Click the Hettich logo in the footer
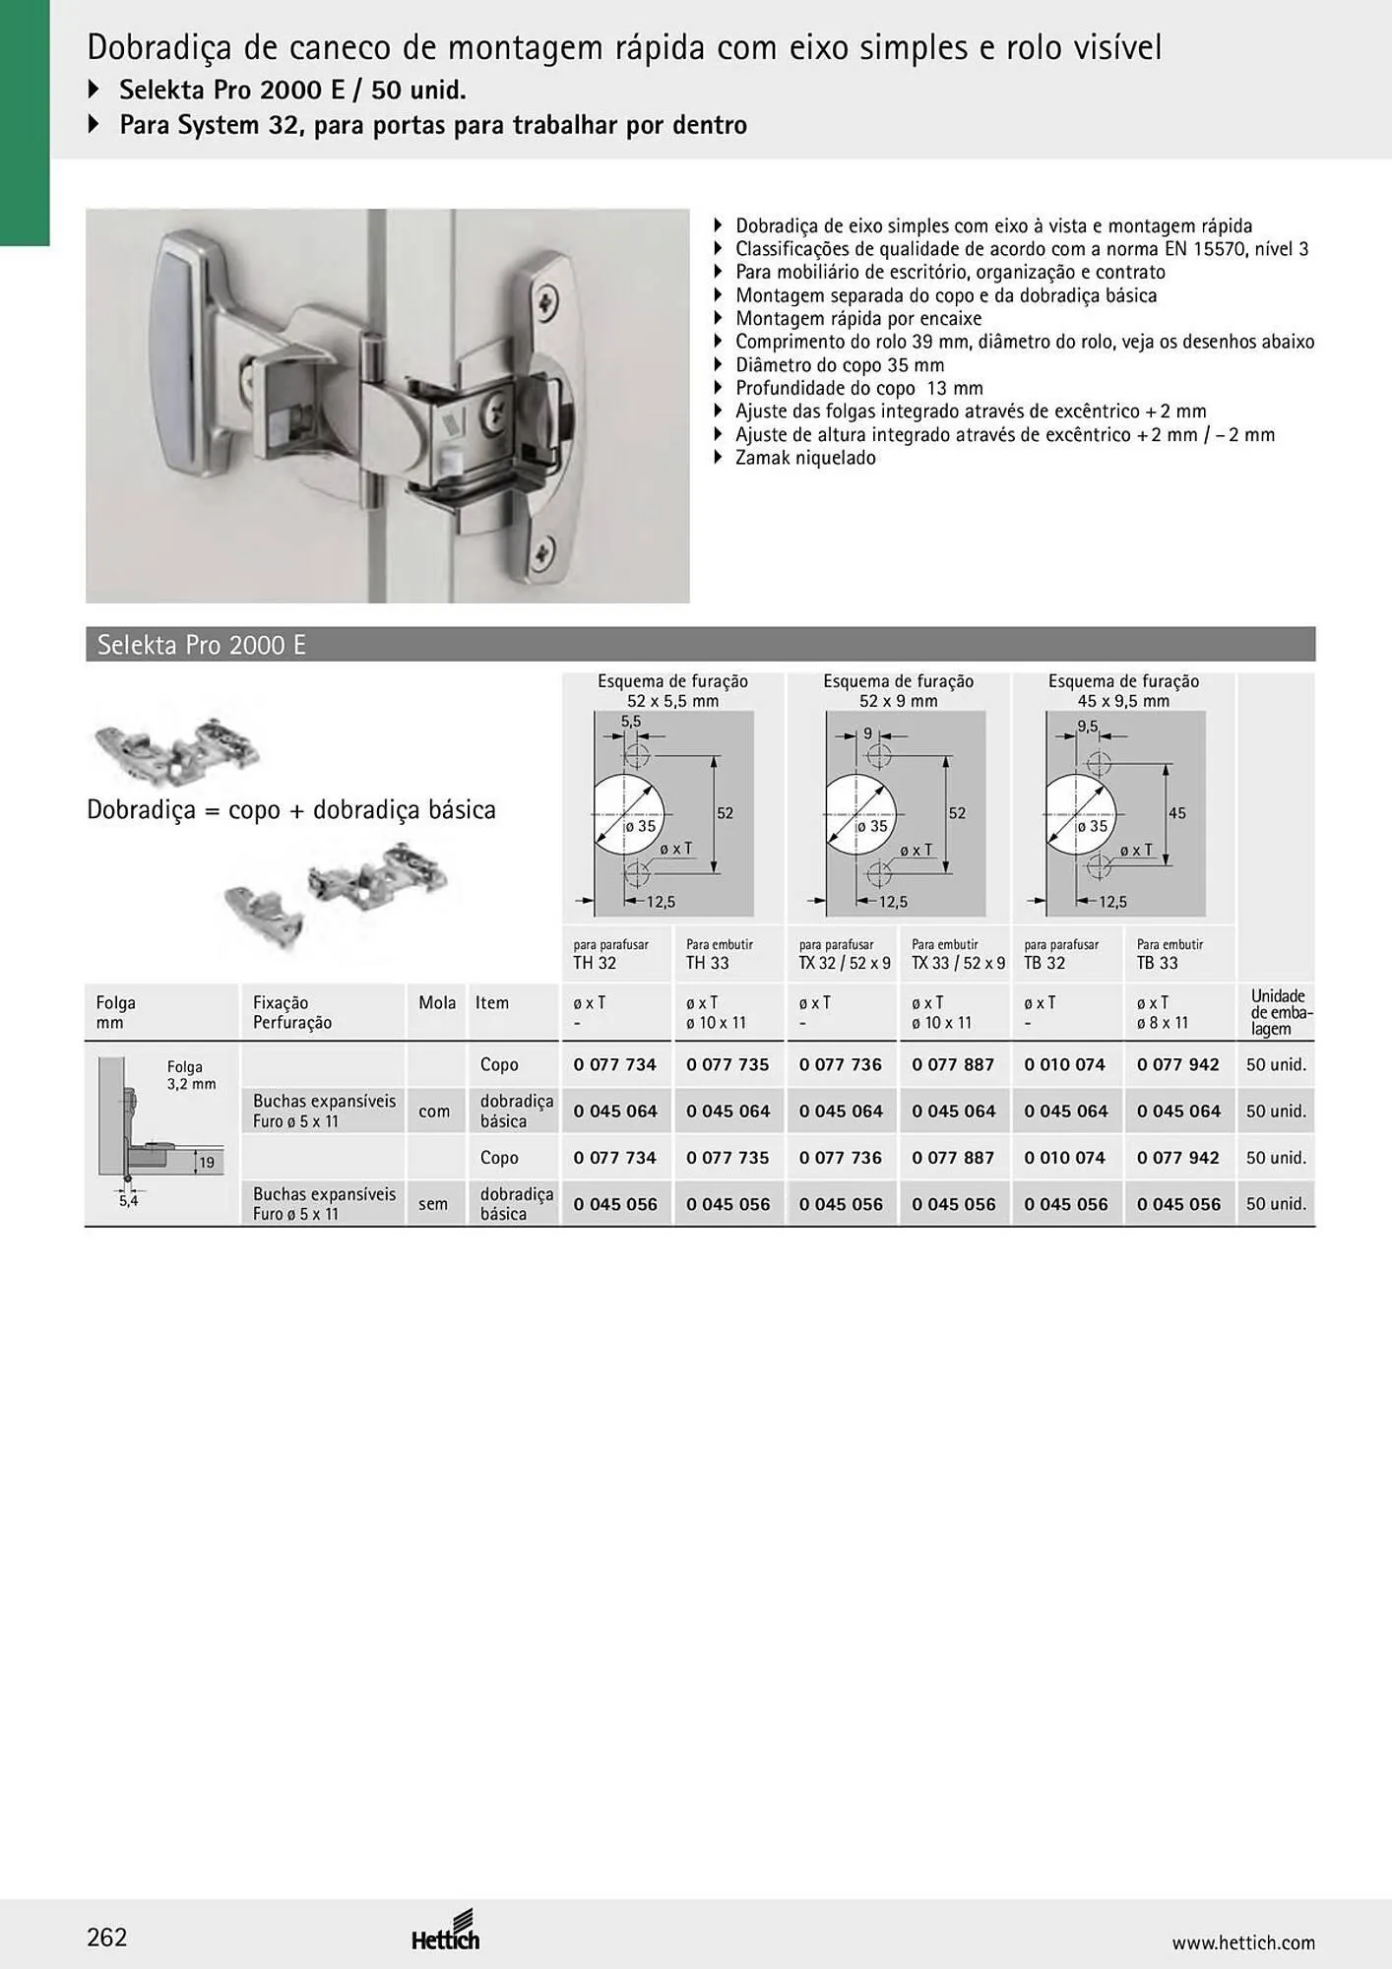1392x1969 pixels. (x=446, y=1933)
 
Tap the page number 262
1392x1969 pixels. (x=107, y=1937)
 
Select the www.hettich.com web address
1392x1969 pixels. (x=1243, y=1942)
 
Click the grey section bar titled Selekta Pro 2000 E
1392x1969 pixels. (x=700, y=644)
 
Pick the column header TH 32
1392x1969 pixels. (x=595, y=963)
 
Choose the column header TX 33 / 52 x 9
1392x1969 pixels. (x=958, y=963)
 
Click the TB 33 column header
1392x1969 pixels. (x=1157, y=963)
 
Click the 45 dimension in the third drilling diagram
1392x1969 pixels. (x=1177, y=813)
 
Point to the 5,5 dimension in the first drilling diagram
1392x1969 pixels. (x=631, y=721)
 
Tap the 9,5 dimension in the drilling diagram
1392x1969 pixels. (x=1088, y=727)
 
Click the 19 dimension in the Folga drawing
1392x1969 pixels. (x=207, y=1163)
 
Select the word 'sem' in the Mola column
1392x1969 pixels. (x=433, y=1204)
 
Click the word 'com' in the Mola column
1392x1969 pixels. (x=434, y=1112)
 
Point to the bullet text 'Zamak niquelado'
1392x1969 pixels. (x=805, y=458)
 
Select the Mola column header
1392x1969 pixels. (x=437, y=1003)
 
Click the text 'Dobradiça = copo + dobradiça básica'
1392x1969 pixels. (x=291, y=810)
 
